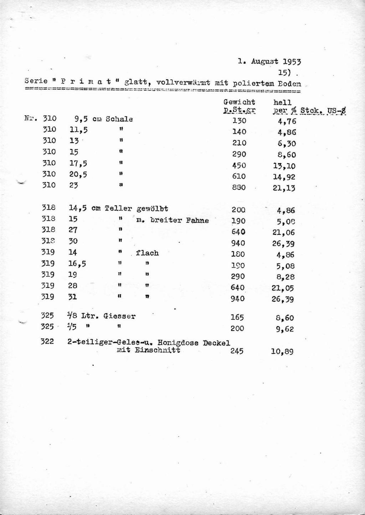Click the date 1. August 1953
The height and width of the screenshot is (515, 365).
[x=269, y=62]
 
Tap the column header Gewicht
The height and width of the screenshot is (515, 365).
[x=239, y=102]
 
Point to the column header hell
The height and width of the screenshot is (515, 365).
[x=282, y=103]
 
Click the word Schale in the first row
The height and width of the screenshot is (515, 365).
[x=119, y=119]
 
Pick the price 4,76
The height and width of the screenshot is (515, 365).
[x=287, y=121]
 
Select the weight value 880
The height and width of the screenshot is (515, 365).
[x=239, y=187]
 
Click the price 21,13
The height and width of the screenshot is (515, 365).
[x=284, y=188]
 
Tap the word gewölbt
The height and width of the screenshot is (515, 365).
[x=152, y=209]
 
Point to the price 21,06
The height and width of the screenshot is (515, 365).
[x=284, y=232]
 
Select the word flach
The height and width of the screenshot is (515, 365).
[x=147, y=253]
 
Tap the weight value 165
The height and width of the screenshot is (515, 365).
[x=237, y=317]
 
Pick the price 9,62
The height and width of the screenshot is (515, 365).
[x=284, y=329]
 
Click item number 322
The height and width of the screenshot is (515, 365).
[x=47, y=342]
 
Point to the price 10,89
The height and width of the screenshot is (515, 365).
[x=282, y=352]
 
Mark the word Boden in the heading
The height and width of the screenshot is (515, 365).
[x=289, y=84]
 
